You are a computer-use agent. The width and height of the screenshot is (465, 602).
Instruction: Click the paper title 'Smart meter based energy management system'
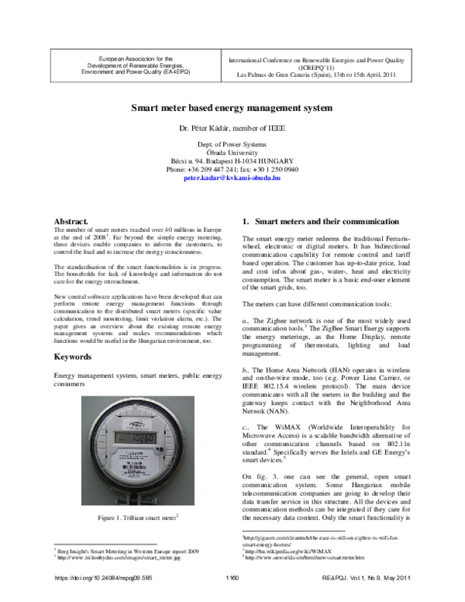[x=232, y=110]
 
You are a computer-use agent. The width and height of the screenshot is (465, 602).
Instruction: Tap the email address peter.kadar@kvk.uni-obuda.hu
[x=232, y=178]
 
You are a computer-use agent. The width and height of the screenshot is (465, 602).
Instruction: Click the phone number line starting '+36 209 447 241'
[x=232, y=169]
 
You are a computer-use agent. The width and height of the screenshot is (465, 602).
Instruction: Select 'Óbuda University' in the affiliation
[x=232, y=153]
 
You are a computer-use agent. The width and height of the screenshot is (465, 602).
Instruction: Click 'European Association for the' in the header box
[x=123, y=57]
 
